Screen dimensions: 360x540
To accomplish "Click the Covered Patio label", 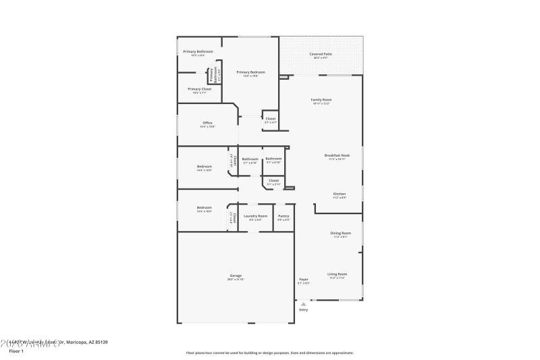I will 321,53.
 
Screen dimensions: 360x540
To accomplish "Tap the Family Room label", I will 321,100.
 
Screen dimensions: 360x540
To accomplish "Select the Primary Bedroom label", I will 250,72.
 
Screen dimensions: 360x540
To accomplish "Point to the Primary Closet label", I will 199,89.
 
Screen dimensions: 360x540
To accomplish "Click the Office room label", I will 207,123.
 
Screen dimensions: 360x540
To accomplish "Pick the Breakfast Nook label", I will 337,155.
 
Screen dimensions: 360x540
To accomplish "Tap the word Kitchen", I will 339,194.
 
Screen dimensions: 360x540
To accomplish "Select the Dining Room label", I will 340,233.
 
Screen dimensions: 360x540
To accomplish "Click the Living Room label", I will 337,274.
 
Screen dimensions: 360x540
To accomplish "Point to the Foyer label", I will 304,280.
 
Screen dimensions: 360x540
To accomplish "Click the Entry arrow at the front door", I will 303,303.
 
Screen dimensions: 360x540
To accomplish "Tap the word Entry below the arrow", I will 303,309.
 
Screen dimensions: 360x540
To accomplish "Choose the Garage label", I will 236,276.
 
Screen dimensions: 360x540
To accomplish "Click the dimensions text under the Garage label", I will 236,280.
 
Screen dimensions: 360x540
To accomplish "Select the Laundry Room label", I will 255,216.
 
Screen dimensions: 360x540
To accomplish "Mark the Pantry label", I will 283,216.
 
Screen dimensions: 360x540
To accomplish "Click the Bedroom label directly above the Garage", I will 204,207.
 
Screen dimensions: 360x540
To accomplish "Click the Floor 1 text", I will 16,351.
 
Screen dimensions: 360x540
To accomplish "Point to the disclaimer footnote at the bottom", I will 269,353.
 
